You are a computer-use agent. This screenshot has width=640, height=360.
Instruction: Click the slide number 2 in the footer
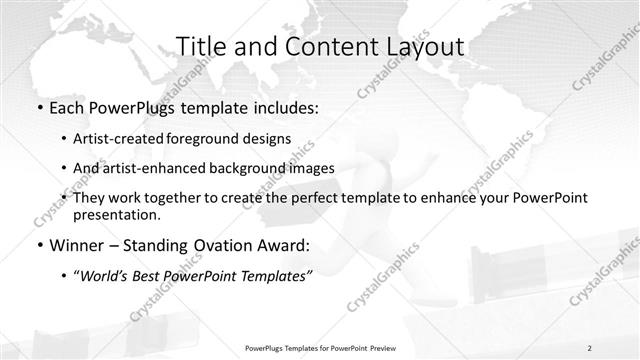589,347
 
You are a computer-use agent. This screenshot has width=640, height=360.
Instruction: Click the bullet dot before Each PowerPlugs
38,106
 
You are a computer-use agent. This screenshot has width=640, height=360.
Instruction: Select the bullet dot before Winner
38,242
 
